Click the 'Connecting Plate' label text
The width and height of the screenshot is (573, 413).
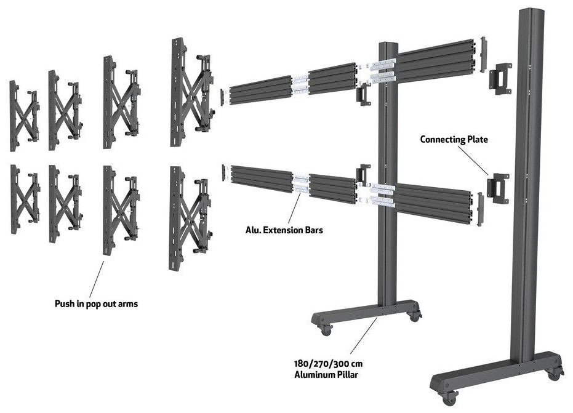point(454,139)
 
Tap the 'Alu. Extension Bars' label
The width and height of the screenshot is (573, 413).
point(284,231)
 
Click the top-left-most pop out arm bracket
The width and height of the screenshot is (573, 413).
point(23,116)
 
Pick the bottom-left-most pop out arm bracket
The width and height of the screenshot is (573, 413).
point(23,200)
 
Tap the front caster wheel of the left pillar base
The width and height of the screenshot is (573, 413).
point(325,330)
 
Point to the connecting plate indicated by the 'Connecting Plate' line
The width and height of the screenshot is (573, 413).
point(498,187)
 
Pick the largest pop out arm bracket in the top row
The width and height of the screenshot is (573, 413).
point(191,92)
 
